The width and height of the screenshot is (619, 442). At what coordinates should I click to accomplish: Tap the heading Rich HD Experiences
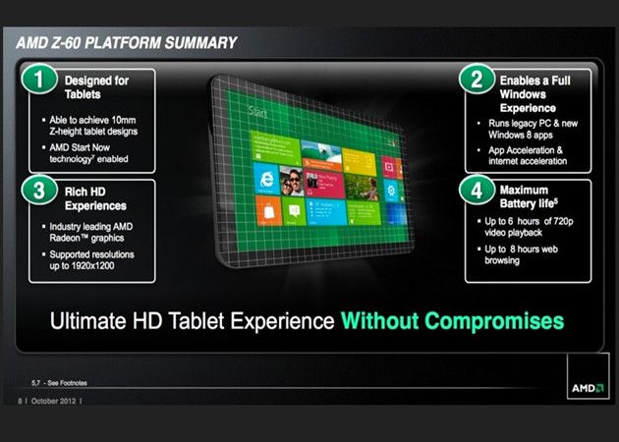point(95,198)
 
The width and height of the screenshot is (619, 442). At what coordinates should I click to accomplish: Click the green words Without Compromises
point(452,320)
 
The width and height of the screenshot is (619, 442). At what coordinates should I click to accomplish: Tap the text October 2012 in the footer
point(54,400)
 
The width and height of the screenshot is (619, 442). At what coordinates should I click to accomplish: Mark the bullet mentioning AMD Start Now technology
point(104,151)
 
